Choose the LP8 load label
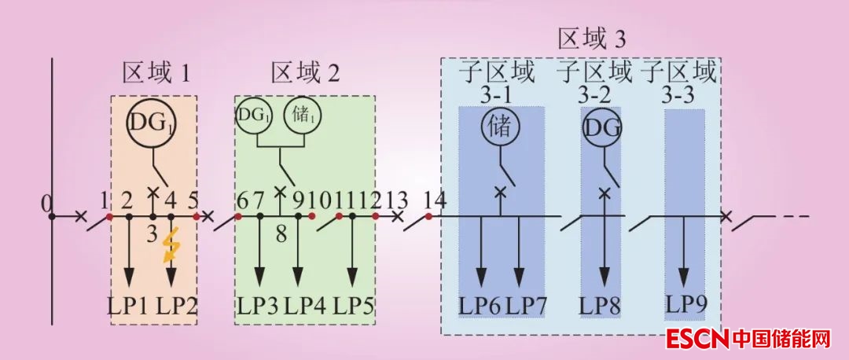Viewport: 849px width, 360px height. tap(602, 304)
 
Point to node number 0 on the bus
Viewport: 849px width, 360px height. tap(46, 206)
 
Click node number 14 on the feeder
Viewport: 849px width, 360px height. tap(434, 200)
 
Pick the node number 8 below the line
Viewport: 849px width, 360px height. tap(281, 233)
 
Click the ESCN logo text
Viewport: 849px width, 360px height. tap(697, 340)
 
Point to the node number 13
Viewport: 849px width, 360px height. tap(398, 200)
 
